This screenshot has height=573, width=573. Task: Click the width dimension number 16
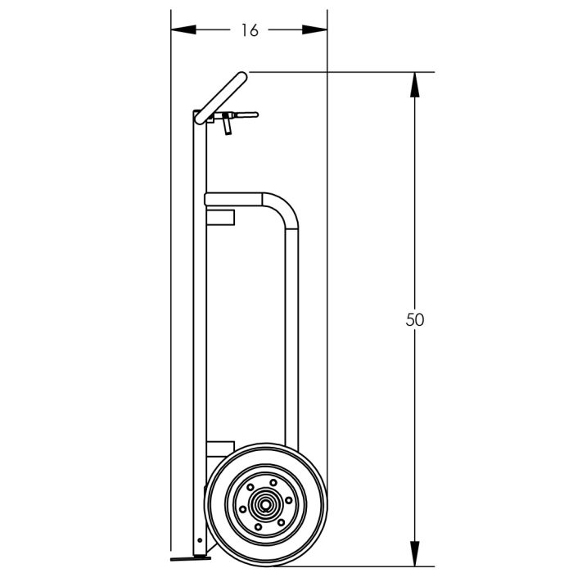pyautogui.click(x=250, y=30)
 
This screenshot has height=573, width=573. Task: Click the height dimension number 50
pyautogui.click(x=415, y=319)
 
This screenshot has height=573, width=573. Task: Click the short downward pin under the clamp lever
pyautogui.click(x=227, y=128)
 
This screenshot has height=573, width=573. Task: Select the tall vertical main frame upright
pyautogui.click(x=200, y=327)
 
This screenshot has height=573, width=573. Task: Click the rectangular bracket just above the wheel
pyautogui.click(x=219, y=448)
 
